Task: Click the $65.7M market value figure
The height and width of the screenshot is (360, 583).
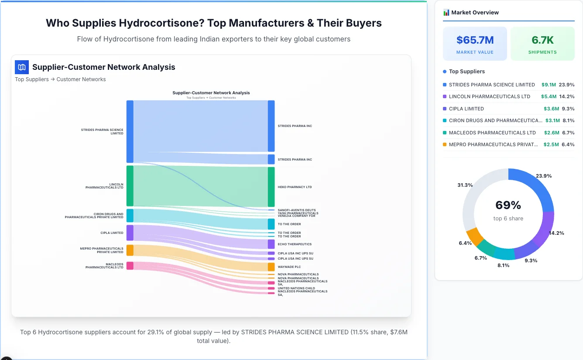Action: click(475, 40)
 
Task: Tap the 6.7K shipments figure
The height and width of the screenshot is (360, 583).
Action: click(542, 40)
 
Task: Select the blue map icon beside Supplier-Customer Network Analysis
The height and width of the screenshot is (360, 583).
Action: click(22, 67)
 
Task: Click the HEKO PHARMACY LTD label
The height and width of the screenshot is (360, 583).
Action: click(295, 187)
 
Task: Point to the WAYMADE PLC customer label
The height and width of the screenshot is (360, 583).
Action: click(289, 267)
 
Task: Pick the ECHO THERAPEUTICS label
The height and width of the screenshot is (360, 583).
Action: click(295, 244)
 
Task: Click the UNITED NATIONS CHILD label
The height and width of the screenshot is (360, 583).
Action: click(296, 288)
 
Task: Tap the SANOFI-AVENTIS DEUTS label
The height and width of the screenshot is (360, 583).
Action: click(296, 210)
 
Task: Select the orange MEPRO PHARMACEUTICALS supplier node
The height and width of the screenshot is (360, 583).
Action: click(130, 250)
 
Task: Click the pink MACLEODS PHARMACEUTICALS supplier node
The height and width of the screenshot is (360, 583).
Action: click(130, 266)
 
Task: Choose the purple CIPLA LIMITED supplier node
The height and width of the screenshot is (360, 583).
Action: click(130, 233)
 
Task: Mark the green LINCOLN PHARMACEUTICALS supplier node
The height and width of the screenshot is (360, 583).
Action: click(130, 186)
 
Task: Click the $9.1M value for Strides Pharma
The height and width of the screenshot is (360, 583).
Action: click(549, 85)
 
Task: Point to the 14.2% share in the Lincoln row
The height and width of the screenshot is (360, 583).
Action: click(566, 96)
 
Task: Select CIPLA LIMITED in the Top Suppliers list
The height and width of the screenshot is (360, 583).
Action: click(466, 109)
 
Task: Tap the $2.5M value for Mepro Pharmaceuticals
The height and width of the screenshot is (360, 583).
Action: click(551, 144)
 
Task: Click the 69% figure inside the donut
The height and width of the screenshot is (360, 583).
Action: click(508, 205)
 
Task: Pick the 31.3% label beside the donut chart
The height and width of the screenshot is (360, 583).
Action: click(465, 185)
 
